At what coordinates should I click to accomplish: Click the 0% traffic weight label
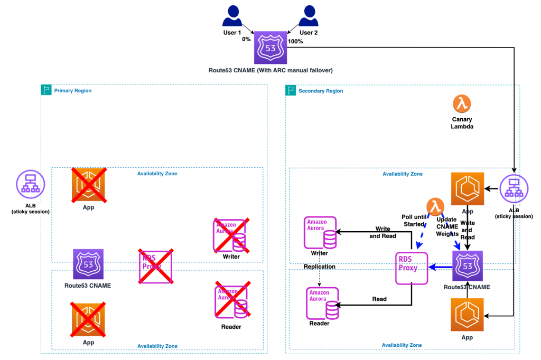point(246,39)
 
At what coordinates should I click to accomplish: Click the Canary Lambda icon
point(462,103)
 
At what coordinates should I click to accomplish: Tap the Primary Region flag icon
point(46,90)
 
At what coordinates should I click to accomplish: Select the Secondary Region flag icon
point(291,90)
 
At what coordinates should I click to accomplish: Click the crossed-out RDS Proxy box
point(154,267)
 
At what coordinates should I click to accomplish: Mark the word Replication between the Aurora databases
point(319,267)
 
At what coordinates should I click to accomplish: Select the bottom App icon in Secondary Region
point(467,315)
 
